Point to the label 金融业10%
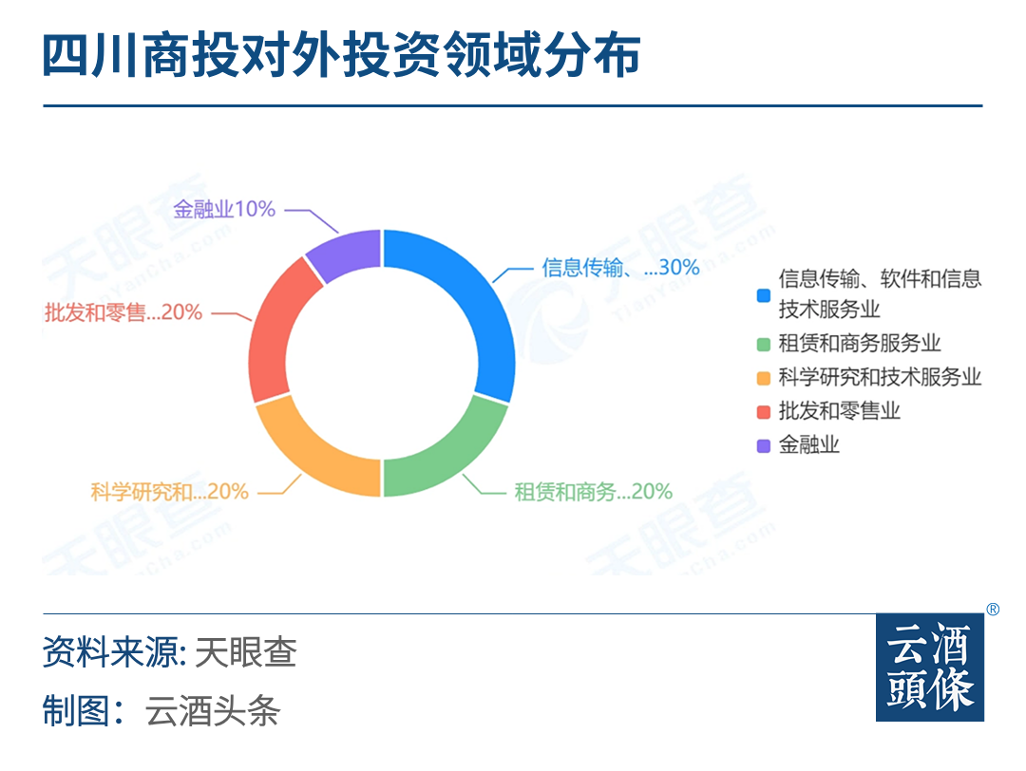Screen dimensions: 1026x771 (224, 209)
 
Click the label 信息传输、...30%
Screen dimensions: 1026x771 (620, 267)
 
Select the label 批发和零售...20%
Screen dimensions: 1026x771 (123, 312)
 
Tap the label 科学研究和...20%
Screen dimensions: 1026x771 (169, 491)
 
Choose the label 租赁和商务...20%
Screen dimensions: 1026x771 (593, 491)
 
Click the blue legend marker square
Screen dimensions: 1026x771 (763, 295)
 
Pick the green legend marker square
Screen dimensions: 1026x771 (763, 344)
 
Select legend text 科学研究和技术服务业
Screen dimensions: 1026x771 (880, 377)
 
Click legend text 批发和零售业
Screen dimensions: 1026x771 (839, 411)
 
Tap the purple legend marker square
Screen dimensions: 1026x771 (763, 446)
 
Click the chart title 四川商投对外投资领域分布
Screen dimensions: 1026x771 (341, 55)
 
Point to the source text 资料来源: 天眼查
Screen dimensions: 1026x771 (169, 652)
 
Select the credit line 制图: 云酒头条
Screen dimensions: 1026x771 (161, 710)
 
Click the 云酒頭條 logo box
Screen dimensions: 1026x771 (930, 667)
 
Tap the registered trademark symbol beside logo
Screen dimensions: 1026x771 (993, 610)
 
